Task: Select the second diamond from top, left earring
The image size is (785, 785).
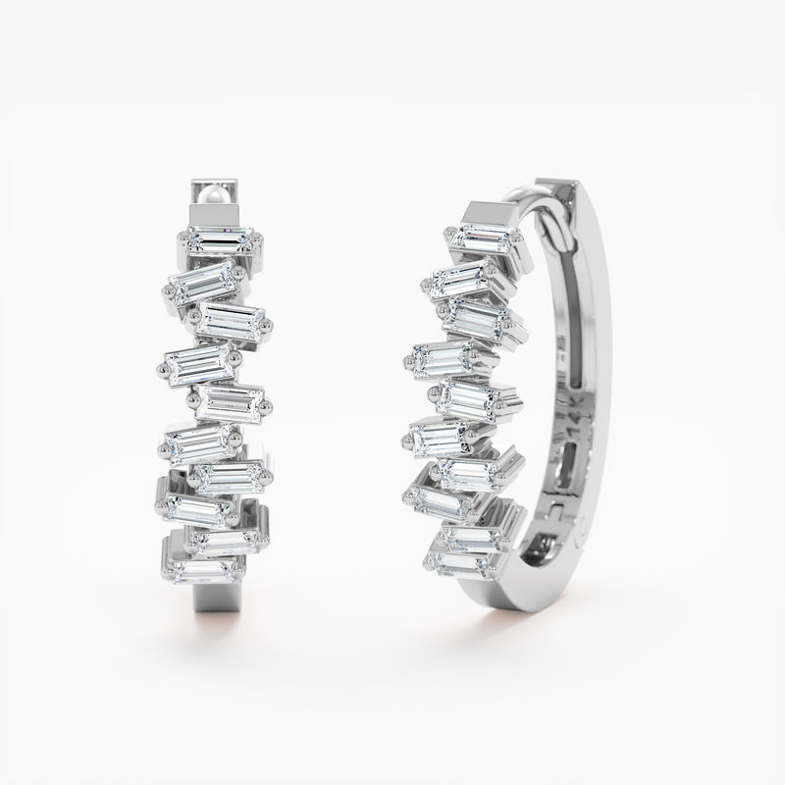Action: click(x=203, y=282)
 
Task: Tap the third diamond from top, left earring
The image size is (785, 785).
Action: click(x=233, y=321)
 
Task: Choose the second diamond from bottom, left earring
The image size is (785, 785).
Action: click(x=225, y=539)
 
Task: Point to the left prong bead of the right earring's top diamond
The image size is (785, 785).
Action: click(x=449, y=233)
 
